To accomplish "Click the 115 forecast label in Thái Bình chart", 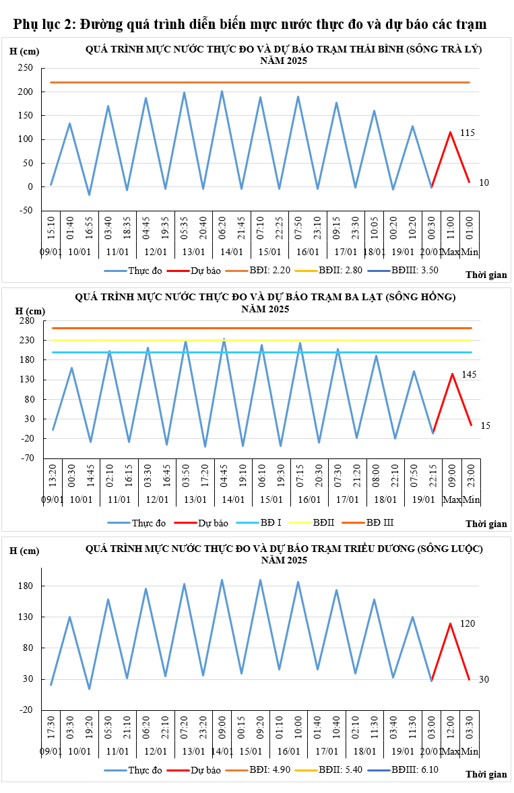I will (468, 133).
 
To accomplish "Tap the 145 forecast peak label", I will (470, 374).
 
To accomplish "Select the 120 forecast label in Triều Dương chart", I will (468, 624).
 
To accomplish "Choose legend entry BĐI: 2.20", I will (269, 271).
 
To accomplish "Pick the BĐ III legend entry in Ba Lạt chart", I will (379, 522).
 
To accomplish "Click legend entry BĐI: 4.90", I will (269, 769).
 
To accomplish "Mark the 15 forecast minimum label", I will (486, 425).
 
